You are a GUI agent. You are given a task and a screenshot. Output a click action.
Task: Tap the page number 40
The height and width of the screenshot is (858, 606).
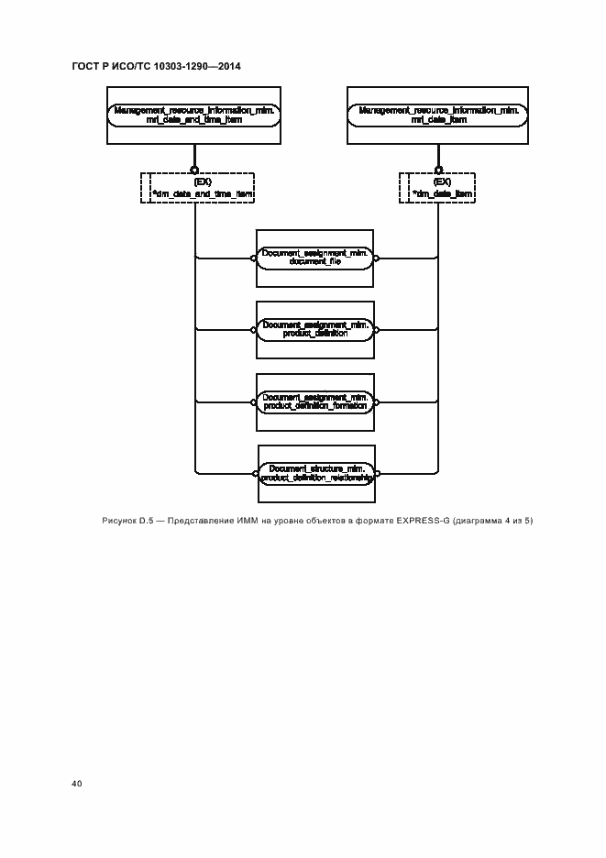[x=76, y=784]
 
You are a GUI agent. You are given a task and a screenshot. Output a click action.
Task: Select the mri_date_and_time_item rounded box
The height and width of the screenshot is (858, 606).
[x=195, y=115]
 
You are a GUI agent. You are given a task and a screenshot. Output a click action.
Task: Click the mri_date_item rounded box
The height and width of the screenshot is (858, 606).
[x=439, y=115]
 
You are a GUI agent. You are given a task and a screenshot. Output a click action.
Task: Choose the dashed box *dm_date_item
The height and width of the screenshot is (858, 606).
[x=439, y=188]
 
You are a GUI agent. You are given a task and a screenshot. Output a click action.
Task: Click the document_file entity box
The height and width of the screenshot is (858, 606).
[x=314, y=258]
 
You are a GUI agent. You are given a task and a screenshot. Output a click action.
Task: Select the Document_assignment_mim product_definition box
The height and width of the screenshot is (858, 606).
[x=314, y=329]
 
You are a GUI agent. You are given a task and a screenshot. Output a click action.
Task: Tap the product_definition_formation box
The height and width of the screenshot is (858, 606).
[x=314, y=401]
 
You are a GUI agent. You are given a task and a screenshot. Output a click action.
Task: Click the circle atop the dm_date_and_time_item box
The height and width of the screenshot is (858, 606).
[x=195, y=170]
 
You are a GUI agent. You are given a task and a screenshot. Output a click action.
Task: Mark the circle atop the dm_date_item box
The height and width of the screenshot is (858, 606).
[x=439, y=170]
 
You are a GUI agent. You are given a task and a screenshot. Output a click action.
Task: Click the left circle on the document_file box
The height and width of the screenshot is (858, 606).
[x=252, y=258]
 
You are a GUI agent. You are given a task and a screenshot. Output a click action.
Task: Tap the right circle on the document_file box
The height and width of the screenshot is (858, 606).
[x=377, y=258]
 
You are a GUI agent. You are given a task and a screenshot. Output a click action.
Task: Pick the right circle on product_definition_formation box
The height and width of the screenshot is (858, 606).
[x=377, y=401]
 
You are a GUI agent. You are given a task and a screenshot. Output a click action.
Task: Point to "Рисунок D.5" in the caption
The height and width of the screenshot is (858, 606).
[x=127, y=522]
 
